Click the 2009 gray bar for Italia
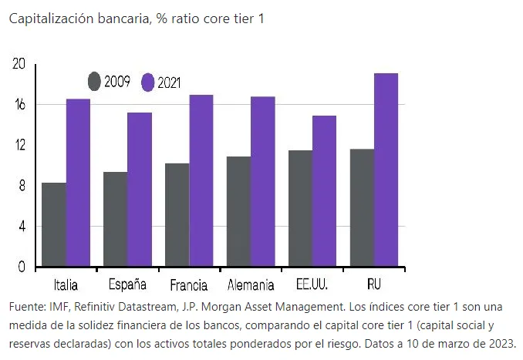(x=54, y=225)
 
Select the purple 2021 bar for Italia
(x=78, y=183)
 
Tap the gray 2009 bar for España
(x=116, y=220)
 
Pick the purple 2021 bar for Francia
(x=201, y=180)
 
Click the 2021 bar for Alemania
(x=262, y=181)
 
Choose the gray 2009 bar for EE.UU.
(x=300, y=209)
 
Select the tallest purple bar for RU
(x=386, y=170)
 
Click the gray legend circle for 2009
(x=94, y=81)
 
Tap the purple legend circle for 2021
(x=148, y=82)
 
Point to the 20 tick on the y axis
(x=19, y=64)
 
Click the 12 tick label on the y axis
(x=19, y=145)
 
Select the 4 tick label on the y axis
(x=22, y=227)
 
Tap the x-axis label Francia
(x=187, y=285)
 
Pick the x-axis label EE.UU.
(x=312, y=285)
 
